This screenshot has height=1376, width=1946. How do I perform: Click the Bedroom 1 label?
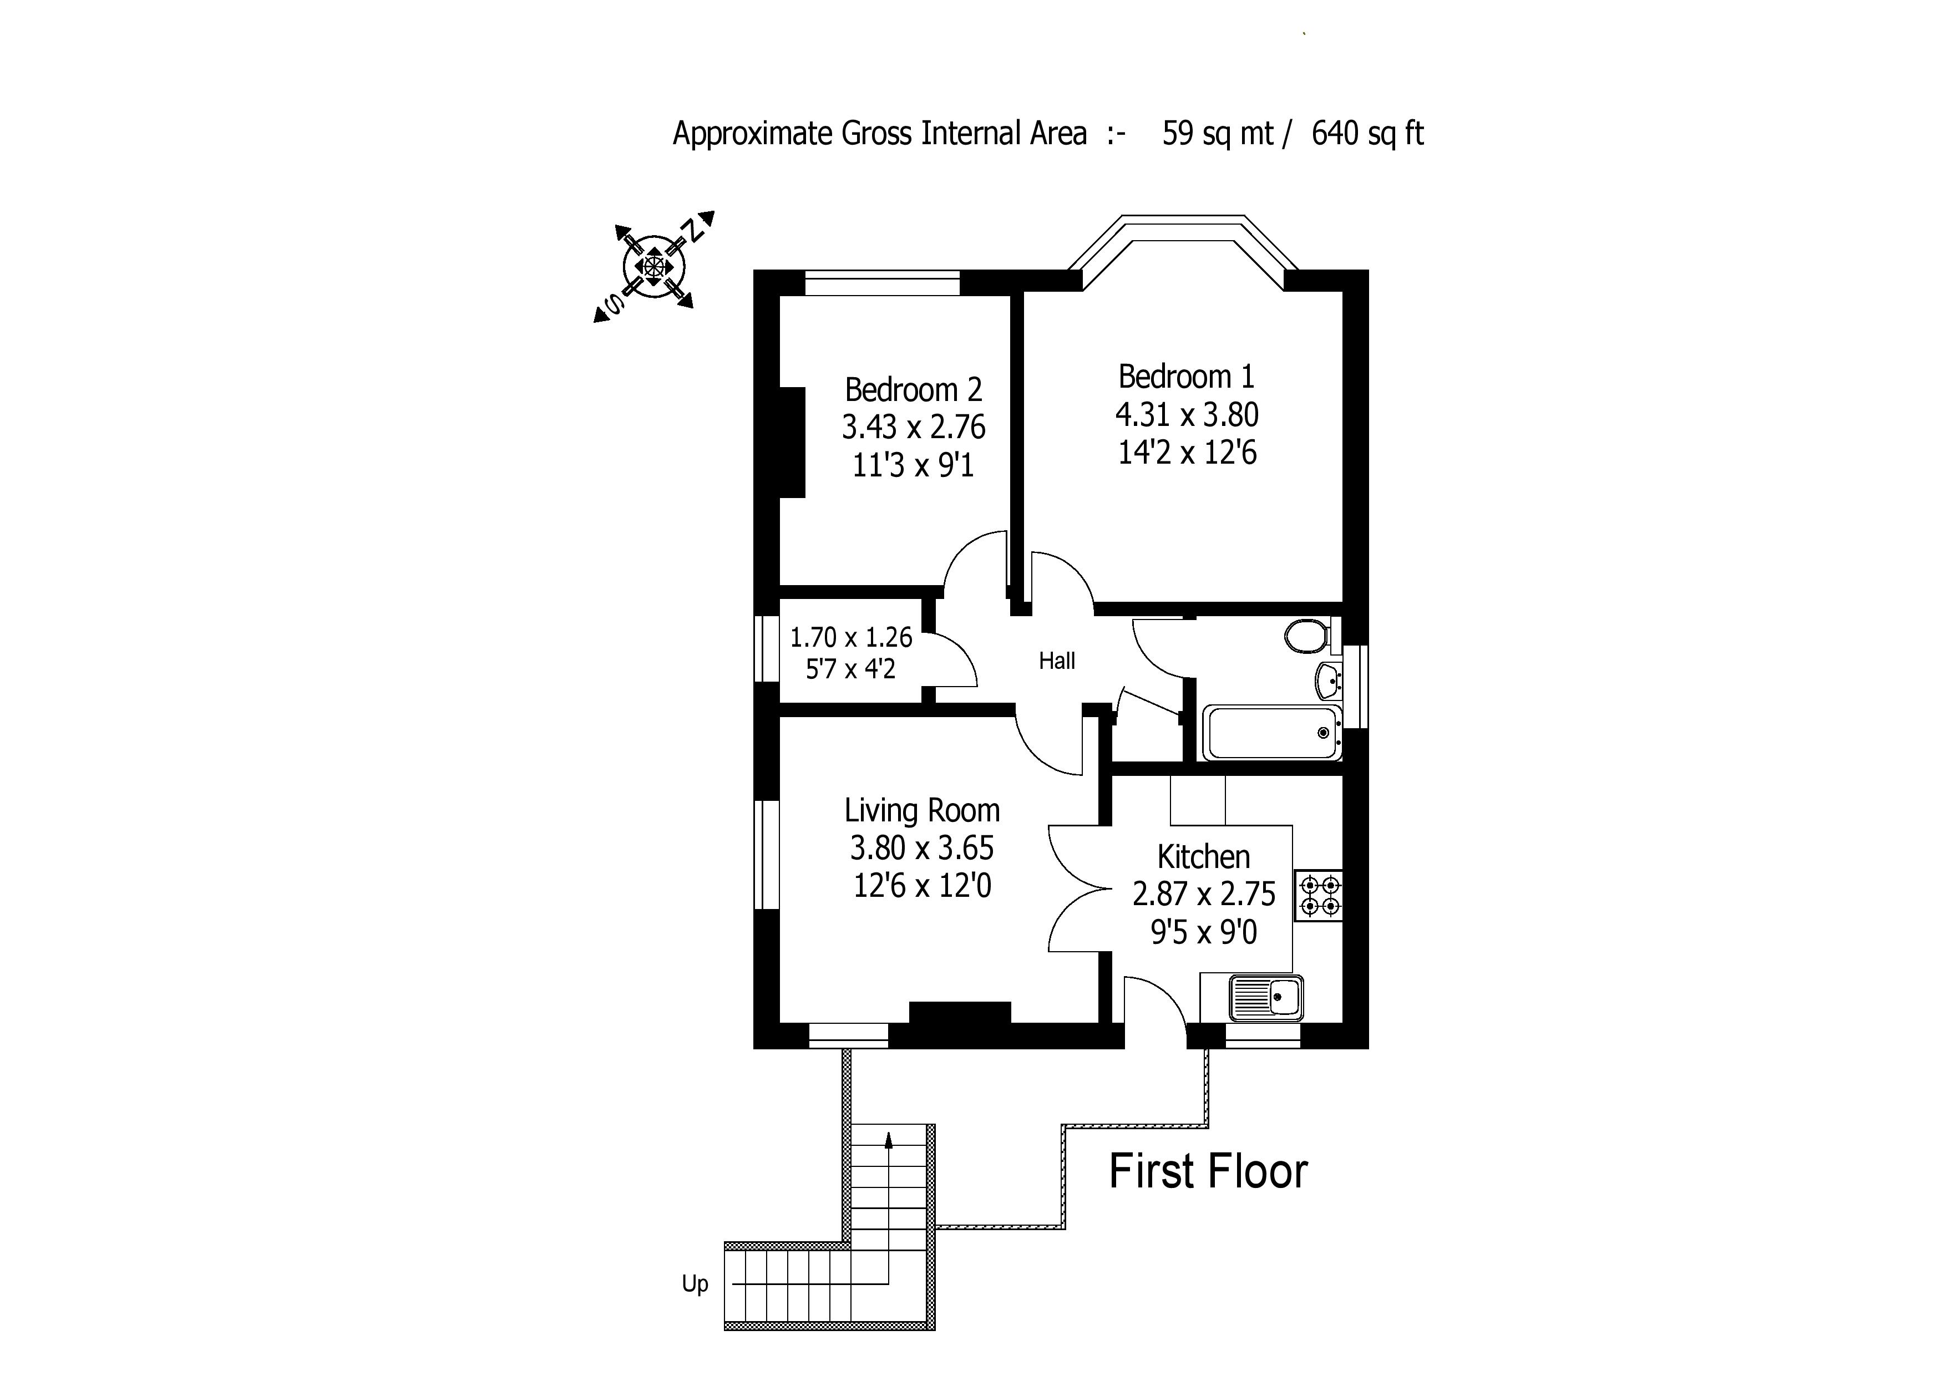click(1185, 376)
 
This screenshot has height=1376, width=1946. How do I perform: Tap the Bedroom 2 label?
click(913, 390)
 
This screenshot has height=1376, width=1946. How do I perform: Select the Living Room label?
click(921, 811)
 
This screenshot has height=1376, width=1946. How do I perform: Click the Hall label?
click(1057, 661)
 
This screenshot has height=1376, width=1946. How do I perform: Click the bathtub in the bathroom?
click(1271, 733)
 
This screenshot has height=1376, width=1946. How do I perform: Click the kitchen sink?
click(1266, 998)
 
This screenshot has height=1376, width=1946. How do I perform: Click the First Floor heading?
click(1208, 1172)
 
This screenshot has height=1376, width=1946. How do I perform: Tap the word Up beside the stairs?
click(695, 1283)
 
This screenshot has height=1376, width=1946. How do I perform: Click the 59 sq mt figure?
click(1217, 134)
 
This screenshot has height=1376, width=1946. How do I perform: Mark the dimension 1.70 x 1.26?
click(851, 637)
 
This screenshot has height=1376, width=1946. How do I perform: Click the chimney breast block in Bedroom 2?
click(792, 441)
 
